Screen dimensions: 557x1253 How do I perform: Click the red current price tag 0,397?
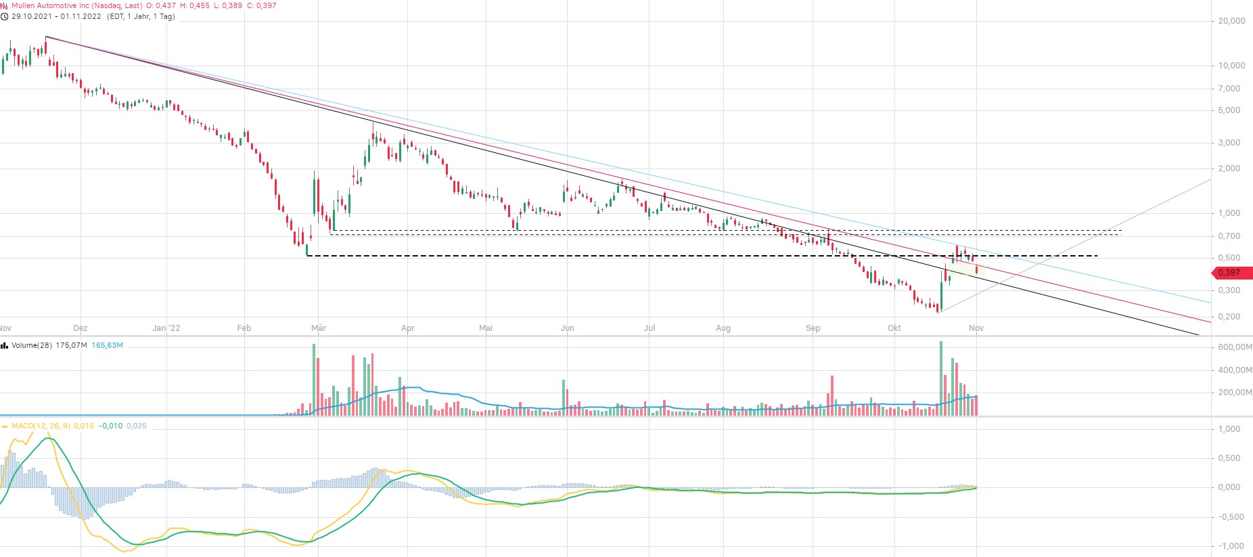1231,273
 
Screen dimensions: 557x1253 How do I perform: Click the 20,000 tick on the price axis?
1231,21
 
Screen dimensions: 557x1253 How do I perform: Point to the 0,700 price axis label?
1229,236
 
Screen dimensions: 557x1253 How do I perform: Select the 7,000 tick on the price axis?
1229,89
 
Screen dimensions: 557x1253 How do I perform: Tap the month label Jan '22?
166,328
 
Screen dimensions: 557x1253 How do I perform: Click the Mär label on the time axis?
318,328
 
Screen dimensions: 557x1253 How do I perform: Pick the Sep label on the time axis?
813,328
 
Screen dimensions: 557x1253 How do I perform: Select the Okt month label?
894,328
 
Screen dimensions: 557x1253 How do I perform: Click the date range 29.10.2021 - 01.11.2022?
56,16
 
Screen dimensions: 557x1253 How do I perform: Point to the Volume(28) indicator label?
32,345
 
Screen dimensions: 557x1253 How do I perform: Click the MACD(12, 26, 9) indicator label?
41,426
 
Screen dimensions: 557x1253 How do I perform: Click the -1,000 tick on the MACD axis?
1229,546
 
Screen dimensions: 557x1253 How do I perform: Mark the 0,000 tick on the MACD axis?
1229,487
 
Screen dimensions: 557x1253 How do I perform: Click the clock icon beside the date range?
5,16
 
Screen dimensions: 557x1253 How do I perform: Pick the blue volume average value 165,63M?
107,345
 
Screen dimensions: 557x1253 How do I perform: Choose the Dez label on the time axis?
80,328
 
